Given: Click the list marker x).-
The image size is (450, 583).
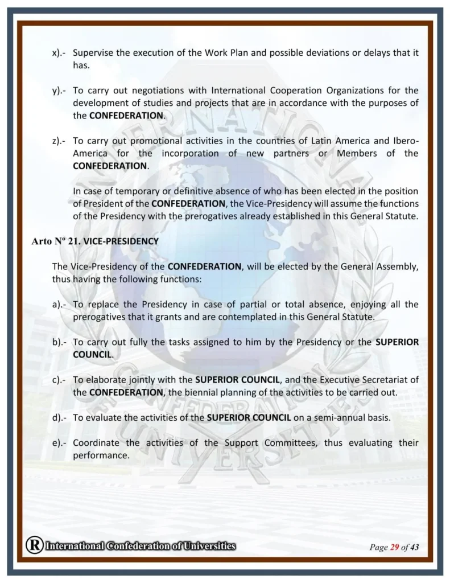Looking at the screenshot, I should pos(59,53).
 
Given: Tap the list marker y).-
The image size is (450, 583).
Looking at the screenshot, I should pos(59,91).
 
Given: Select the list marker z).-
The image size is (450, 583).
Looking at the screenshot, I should pos(59,141).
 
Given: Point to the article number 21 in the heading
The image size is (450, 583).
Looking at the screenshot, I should pos(73,241).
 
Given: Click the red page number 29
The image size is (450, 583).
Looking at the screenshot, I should pos(394,548).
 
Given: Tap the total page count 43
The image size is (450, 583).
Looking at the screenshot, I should pos(414,548).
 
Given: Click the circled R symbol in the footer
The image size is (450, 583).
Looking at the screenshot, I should pos(34,545).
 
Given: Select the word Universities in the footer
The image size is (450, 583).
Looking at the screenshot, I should pos(208,546).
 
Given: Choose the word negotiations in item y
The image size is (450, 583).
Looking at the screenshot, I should pos(179,91).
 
